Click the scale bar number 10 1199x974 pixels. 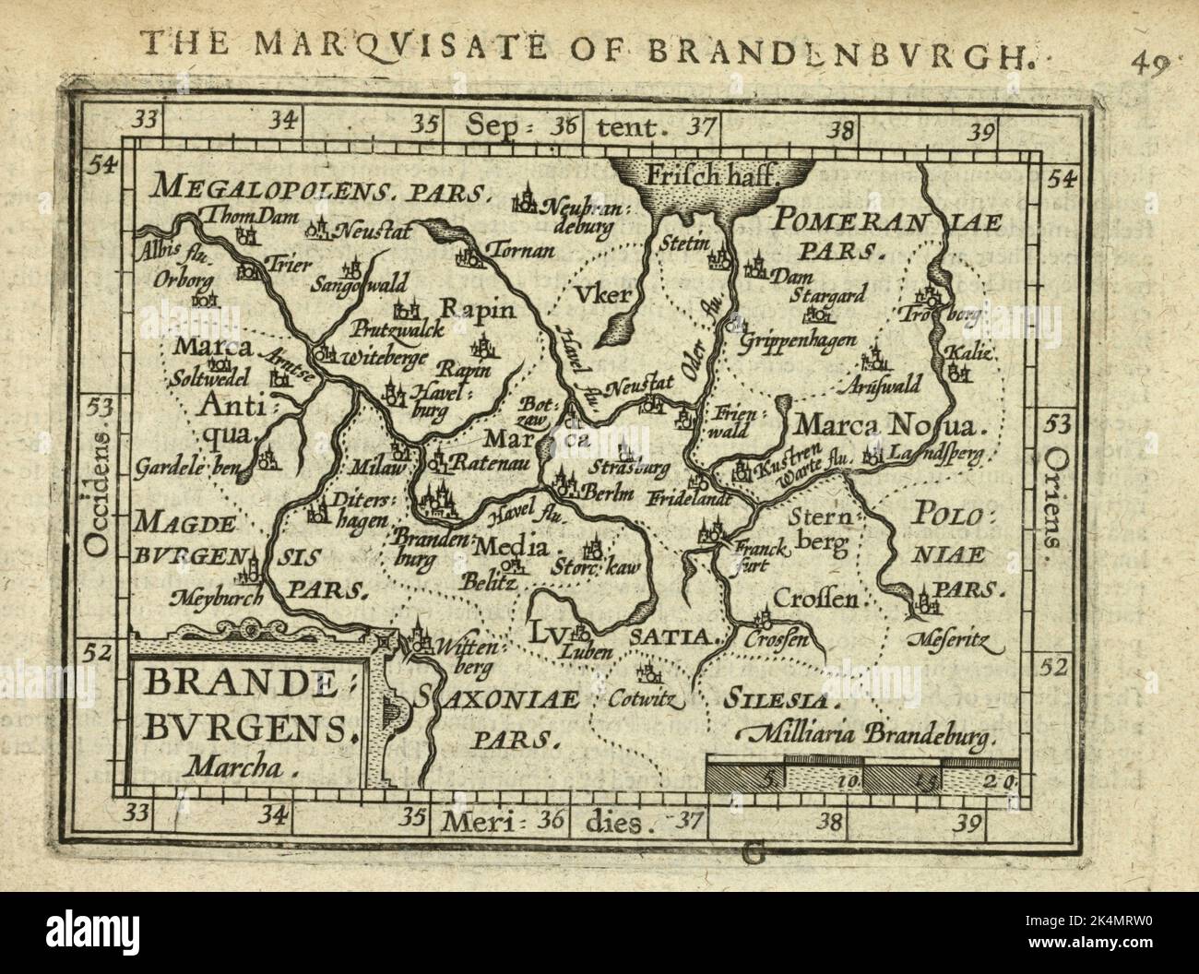pos(849,780)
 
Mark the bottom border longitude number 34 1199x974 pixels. pos(276,814)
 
